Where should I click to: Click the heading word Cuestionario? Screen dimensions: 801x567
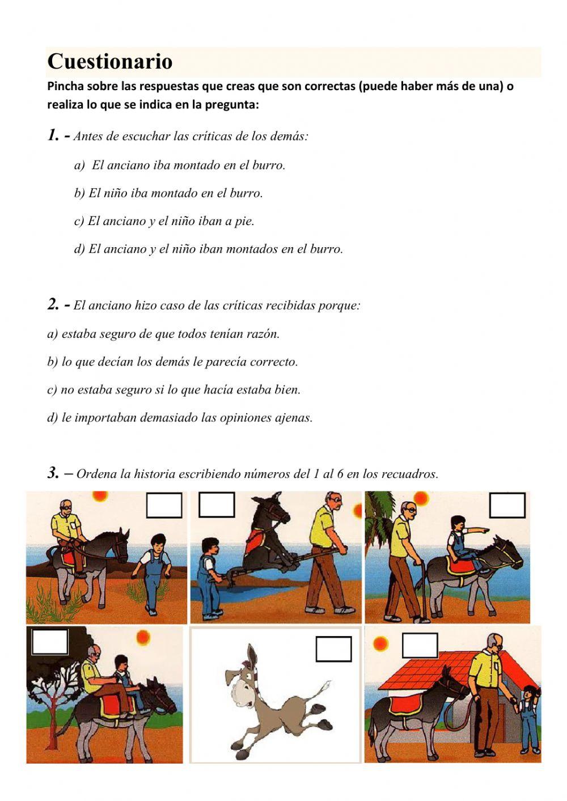click(x=110, y=61)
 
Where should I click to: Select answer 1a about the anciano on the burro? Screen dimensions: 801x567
click(x=180, y=166)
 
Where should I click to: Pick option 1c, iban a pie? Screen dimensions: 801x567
click(x=164, y=221)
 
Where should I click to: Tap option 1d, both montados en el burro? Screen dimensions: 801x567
click(x=209, y=249)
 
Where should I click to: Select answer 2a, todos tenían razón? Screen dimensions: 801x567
click(x=163, y=334)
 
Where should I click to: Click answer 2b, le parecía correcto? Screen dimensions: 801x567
click(x=172, y=362)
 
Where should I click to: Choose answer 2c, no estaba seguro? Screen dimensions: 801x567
click(x=174, y=390)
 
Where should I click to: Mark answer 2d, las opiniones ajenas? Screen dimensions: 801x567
click(x=180, y=418)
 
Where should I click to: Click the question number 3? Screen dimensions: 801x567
click(x=53, y=473)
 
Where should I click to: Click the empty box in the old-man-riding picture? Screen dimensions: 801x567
click(x=164, y=505)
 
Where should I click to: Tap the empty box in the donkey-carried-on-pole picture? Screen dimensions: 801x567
click(x=217, y=505)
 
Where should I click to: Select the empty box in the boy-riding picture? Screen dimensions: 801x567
click(x=507, y=505)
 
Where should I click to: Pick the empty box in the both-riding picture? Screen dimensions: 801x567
click(x=50, y=641)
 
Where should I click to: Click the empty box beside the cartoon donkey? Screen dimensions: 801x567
click(x=333, y=649)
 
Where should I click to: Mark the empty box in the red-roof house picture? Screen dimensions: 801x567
click(x=420, y=645)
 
